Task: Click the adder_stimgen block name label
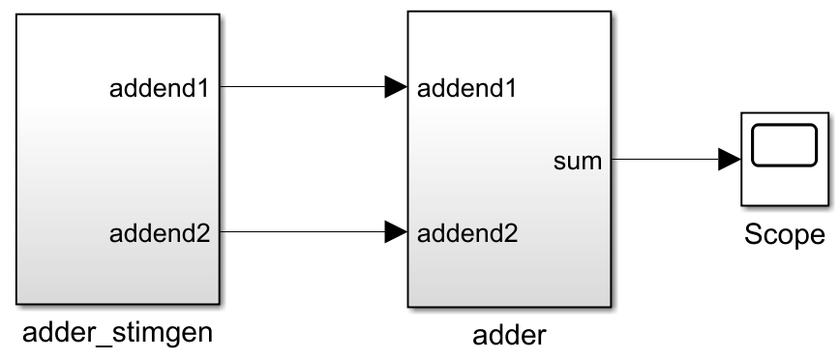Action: [117, 334]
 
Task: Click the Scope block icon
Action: [785, 160]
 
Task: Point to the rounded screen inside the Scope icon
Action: [785, 150]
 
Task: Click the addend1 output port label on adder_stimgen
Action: [165, 88]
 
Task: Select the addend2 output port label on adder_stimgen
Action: [165, 232]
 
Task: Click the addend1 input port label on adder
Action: [465, 88]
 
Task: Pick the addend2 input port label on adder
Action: [465, 232]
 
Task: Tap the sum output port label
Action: [578, 161]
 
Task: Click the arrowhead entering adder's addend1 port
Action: [395, 87]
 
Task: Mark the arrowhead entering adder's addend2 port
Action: [395, 231]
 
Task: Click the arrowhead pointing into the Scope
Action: [729, 160]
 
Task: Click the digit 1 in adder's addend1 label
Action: [508, 88]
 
